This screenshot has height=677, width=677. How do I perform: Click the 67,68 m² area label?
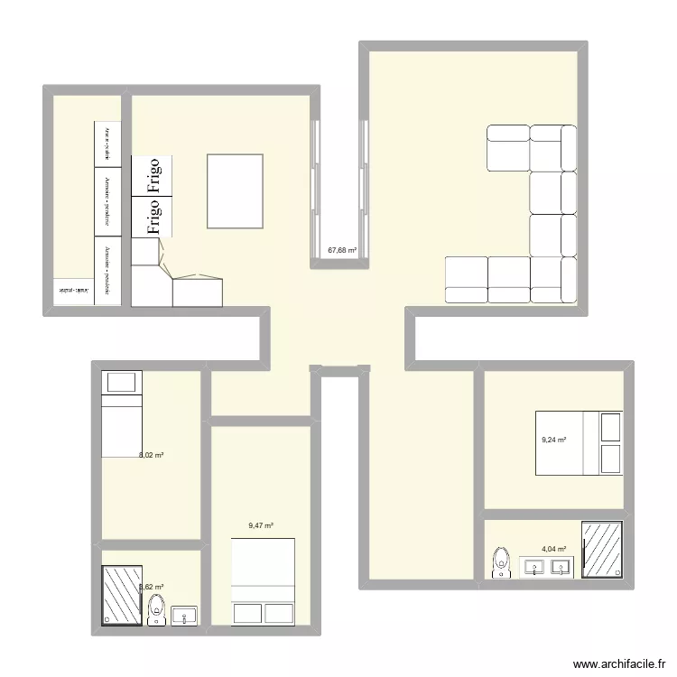pyautogui.click(x=342, y=250)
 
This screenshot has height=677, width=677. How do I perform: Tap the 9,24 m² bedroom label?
pyautogui.click(x=553, y=440)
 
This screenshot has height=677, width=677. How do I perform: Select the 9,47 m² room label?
pyautogui.click(x=261, y=525)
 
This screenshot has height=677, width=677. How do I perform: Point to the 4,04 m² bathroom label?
pyautogui.click(x=553, y=549)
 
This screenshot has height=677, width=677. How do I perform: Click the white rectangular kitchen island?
pyautogui.click(x=236, y=191)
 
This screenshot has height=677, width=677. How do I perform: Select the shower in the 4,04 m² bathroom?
pyautogui.click(x=602, y=550)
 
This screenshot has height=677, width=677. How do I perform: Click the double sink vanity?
pyautogui.click(x=546, y=568)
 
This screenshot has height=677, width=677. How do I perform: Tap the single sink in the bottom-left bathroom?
pyautogui.click(x=185, y=617)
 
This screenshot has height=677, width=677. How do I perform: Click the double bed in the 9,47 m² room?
pyautogui.click(x=263, y=581)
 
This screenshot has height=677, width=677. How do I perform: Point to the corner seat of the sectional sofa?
pyautogui.click(x=552, y=280)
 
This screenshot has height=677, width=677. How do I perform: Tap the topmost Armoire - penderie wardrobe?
pyautogui.click(x=107, y=144)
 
